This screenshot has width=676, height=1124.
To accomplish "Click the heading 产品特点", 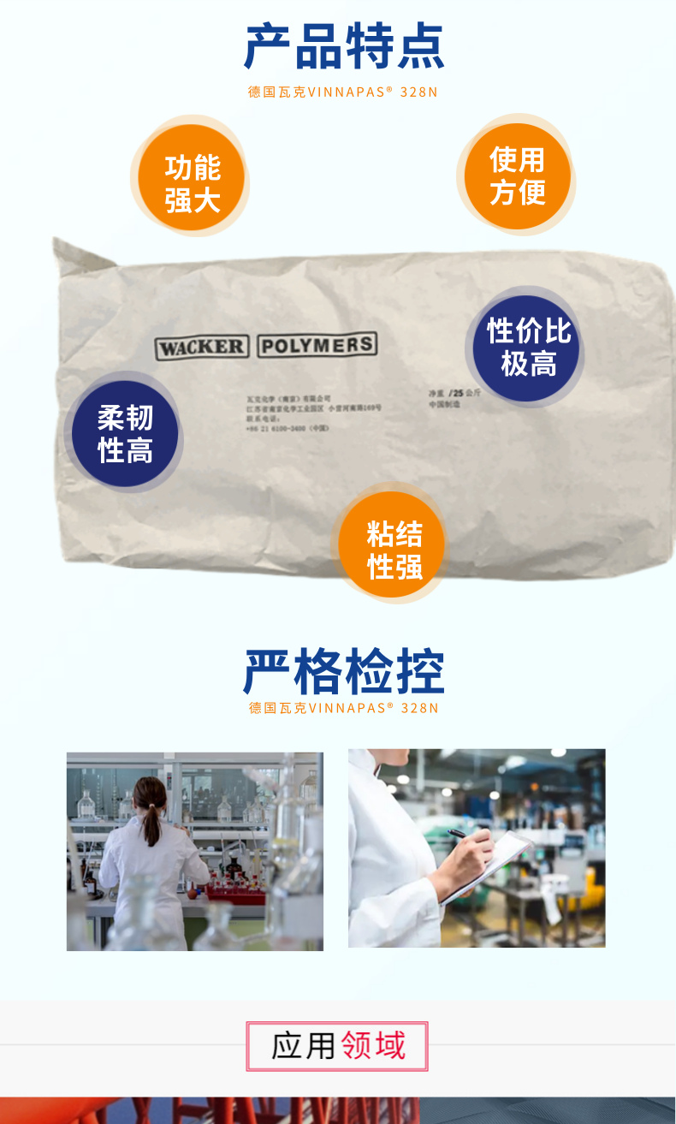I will click(x=344, y=46).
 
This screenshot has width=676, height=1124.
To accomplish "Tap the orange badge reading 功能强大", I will click(x=192, y=181).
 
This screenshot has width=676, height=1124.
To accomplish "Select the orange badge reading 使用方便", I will click(x=517, y=176).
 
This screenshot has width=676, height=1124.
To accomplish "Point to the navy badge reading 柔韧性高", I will click(x=125, y=434).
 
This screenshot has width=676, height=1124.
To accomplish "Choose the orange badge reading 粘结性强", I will click(x=394, y=549).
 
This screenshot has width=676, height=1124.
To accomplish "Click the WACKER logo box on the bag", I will click(x=201, y=348).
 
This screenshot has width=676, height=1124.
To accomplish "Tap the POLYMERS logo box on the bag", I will click(x=317, y=345).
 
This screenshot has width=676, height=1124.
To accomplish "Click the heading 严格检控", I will click(x=344, y=672).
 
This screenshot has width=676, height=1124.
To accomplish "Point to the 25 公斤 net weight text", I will click(x=467, y=393).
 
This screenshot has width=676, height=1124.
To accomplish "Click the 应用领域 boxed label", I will click(x=337, y=1045).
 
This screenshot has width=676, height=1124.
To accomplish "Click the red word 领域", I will click(x=372, y=1045).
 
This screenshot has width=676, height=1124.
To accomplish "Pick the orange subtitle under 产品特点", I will click(x=342, y=92).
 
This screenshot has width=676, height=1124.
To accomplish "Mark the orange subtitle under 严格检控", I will click(x=343, y=708).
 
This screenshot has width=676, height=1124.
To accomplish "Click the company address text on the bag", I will click(x=313, y=408).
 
